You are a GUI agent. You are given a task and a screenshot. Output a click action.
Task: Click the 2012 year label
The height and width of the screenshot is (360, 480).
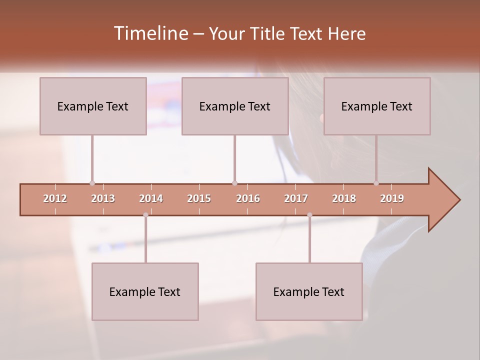tap(55, 198)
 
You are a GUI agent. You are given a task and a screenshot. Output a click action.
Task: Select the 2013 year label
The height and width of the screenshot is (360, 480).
tap(103, 198)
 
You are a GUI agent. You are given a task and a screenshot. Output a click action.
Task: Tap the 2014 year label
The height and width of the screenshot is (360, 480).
tap(151, 198)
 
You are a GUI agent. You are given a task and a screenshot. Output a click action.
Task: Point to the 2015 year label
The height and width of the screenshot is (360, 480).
tap(199, 198)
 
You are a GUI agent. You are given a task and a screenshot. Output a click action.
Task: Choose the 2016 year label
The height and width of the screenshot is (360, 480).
tap(248, 198)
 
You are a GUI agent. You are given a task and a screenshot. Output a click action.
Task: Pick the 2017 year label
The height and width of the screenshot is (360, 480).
tap(296, 198)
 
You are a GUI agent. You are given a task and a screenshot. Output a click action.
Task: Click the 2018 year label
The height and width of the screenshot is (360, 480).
tap(344, 198)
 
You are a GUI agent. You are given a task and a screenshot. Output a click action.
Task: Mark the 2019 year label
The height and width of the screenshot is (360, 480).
tap(392, 198)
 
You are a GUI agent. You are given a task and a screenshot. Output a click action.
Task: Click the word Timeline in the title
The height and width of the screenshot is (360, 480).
tap(150, 33)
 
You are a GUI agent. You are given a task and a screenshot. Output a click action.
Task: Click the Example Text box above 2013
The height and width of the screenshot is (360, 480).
tap(93, 106)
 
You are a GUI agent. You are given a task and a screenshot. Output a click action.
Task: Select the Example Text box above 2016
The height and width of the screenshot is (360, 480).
tap(235, 106)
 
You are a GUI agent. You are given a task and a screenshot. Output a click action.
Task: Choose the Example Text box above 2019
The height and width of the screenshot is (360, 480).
tap(377, 106)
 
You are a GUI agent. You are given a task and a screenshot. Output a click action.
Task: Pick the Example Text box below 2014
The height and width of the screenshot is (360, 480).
tap(145, 291)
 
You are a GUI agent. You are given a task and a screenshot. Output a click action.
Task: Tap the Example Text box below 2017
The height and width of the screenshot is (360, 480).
tap(309, 291)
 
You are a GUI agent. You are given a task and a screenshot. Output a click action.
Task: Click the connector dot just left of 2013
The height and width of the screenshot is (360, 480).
tap(92, 183)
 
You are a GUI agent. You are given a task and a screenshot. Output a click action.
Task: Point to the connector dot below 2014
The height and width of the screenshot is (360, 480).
tap(145, 215)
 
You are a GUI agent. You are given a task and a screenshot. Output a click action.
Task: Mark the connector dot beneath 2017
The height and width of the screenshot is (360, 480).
tap(309, 215)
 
